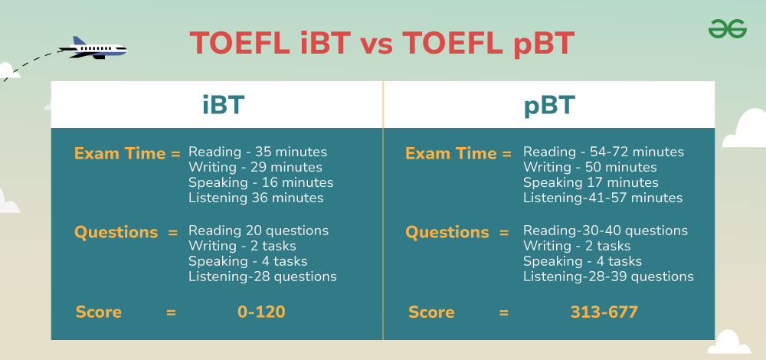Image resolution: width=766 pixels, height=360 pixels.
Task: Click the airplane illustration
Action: [93, 48]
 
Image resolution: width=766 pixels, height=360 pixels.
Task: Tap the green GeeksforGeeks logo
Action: [728, 29]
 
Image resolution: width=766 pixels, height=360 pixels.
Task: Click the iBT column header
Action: [223, 105]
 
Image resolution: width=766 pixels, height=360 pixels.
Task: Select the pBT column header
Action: [549, 106]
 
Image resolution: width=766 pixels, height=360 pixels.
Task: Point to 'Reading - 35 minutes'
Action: [257, 152]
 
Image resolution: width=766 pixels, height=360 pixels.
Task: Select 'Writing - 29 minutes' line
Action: [255, 167]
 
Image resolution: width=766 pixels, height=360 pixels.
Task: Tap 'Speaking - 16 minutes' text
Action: [261, 183]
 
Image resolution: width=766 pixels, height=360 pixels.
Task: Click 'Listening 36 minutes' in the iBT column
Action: [256, 198]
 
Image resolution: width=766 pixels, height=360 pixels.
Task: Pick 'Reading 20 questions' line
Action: [258, 231]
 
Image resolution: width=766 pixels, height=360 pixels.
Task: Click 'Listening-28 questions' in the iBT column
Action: [262, 277]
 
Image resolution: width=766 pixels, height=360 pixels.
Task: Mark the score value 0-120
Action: [261, 313]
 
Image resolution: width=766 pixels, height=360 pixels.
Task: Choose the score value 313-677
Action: [604, 313]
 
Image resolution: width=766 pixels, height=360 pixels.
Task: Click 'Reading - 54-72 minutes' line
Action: [604, 152]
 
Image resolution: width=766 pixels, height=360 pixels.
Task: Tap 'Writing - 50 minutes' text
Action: [590, 167]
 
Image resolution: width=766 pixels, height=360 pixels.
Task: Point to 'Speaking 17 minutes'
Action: [591, 183]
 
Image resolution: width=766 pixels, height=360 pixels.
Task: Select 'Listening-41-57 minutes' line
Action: [603, 198]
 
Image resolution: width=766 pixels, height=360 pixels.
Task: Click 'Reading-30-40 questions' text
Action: [605, 231]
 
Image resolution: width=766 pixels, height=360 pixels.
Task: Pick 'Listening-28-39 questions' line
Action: [608, 277]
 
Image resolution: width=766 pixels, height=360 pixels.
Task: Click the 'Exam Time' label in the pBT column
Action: [451, 154]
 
